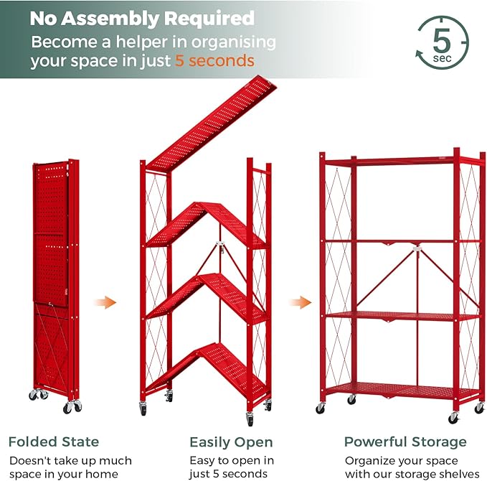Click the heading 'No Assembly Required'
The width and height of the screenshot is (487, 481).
coord(142,18)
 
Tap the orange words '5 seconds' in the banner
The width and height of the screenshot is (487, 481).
coord(214,61)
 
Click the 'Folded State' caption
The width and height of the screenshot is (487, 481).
coord(54,442)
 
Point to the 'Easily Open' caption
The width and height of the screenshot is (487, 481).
coord(231,442)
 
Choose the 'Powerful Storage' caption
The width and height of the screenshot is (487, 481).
coord(405,442)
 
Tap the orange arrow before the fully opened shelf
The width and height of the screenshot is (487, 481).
coord(300,302)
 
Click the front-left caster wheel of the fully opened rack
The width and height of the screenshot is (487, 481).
coord(321,408)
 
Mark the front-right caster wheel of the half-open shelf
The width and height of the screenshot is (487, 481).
coord(250,419)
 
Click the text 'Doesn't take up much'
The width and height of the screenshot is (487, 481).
coord(70,460)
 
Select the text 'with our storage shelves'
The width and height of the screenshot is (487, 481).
coord(412,474)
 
